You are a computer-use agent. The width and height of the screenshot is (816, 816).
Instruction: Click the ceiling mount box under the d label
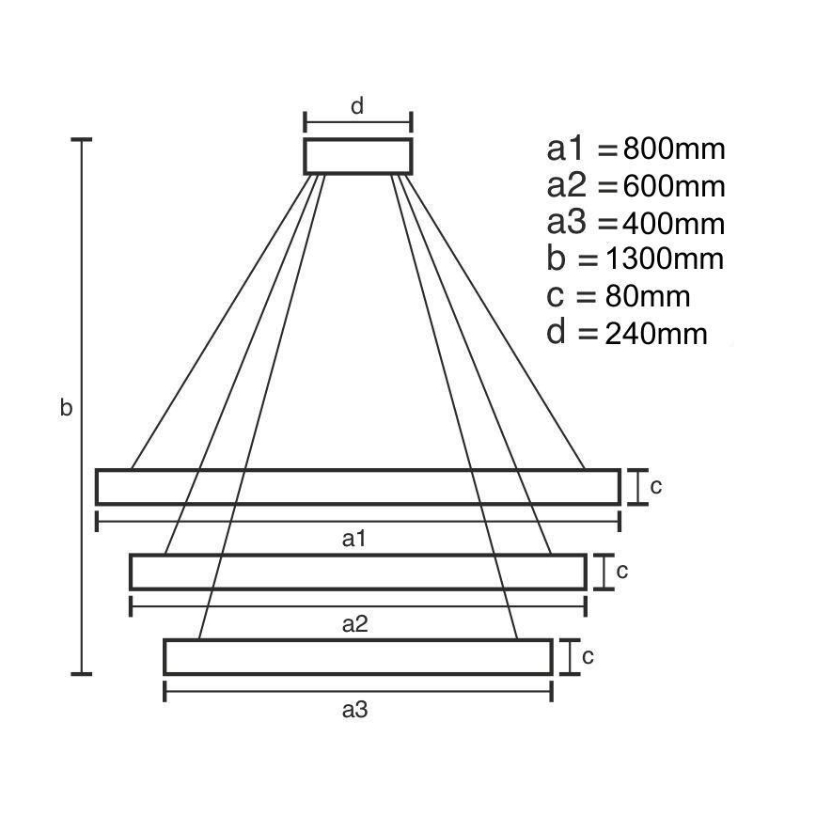pyautogui.click(x=357, y=156)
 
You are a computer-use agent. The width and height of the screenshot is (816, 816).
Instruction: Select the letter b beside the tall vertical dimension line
pyautogui.click(x=66, y=408)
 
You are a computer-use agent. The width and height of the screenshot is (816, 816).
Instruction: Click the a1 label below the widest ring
pyautogui.click(x=354, y=539)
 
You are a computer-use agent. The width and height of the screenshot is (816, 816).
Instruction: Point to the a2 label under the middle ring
pyautogui.click(x=354, y=623)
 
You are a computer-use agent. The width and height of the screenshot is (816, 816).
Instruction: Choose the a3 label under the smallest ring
pyautogui.click(x=354, y=711)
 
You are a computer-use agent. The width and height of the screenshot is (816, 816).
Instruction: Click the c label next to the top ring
pyautogui.click(x=656, y=487)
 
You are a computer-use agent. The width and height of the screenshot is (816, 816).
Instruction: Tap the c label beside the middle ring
pyautogui.click(x=621, y=571)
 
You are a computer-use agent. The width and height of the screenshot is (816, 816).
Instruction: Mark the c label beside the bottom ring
pyautogui.click(x=588, y=657)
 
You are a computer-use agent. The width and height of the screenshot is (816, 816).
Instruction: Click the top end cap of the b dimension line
pyautogui.click(x=83, y=140)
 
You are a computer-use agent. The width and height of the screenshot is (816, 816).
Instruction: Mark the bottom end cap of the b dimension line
pyautogui.click(x=83, y=673)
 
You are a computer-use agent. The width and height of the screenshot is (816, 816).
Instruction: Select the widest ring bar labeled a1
pyautogui.click(x=357, y=487)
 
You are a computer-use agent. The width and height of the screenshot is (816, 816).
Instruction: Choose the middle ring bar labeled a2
pyautogui.click(x=357, y=572)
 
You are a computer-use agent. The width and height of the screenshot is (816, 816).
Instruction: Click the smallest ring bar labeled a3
pyautogui.click(x=357, y=657)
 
